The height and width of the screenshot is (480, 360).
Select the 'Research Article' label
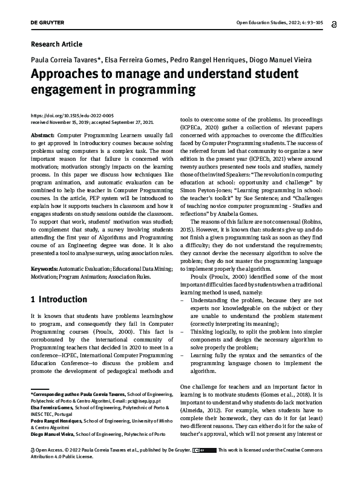[x=56, y=44]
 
